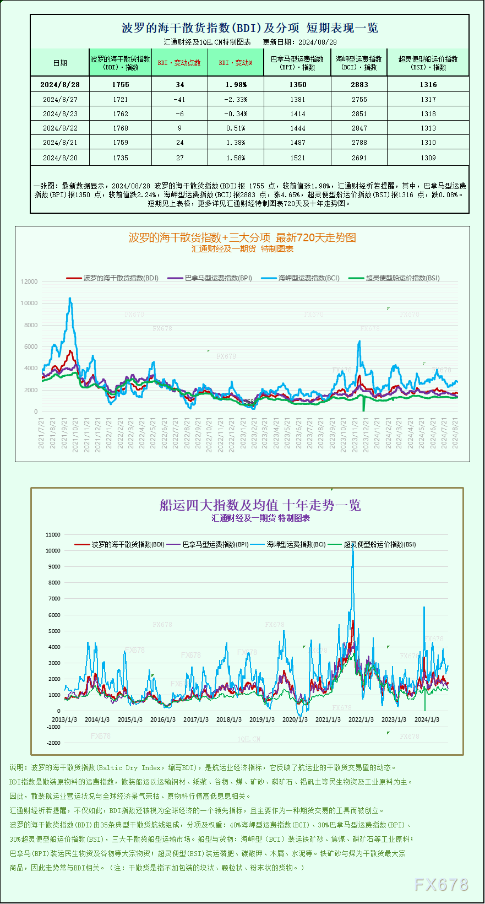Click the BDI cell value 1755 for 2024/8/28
(120, 85)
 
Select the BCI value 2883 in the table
(359, 85)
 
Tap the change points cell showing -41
(179, 100)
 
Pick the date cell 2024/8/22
(60, 128)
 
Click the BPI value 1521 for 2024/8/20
(297, 158)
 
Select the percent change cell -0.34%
(236, 114)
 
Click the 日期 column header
(60, 63)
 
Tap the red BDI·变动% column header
(236, 63)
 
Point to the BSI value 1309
(428, 158)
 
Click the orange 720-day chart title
(242, 237)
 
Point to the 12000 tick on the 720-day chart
(29, 282)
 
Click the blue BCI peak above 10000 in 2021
(70, 299)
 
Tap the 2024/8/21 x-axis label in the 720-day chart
(455, 433)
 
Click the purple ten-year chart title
(260, 505)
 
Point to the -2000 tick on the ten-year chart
(53, 743)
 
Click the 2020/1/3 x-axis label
(295, 719)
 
